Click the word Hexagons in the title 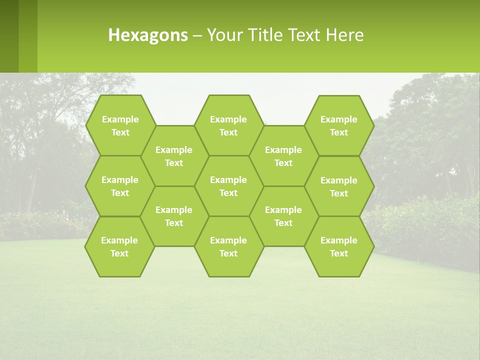pos(148,35)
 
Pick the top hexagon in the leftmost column pos(120,125)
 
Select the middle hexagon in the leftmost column pos(120,186)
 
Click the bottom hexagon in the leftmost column pos(119,246)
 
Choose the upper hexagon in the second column pos(174,156)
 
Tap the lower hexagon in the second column pos(174,216)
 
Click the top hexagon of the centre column pos(228,125)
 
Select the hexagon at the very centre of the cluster pos(228,186)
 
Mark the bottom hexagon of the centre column pos(228,246)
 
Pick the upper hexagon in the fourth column pos(283,156)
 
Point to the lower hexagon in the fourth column pos(283,216)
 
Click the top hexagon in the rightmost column pos(339,125)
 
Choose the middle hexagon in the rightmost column pos(339,186)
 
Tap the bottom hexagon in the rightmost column pos(339,246)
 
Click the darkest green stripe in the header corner pos(9,36)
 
